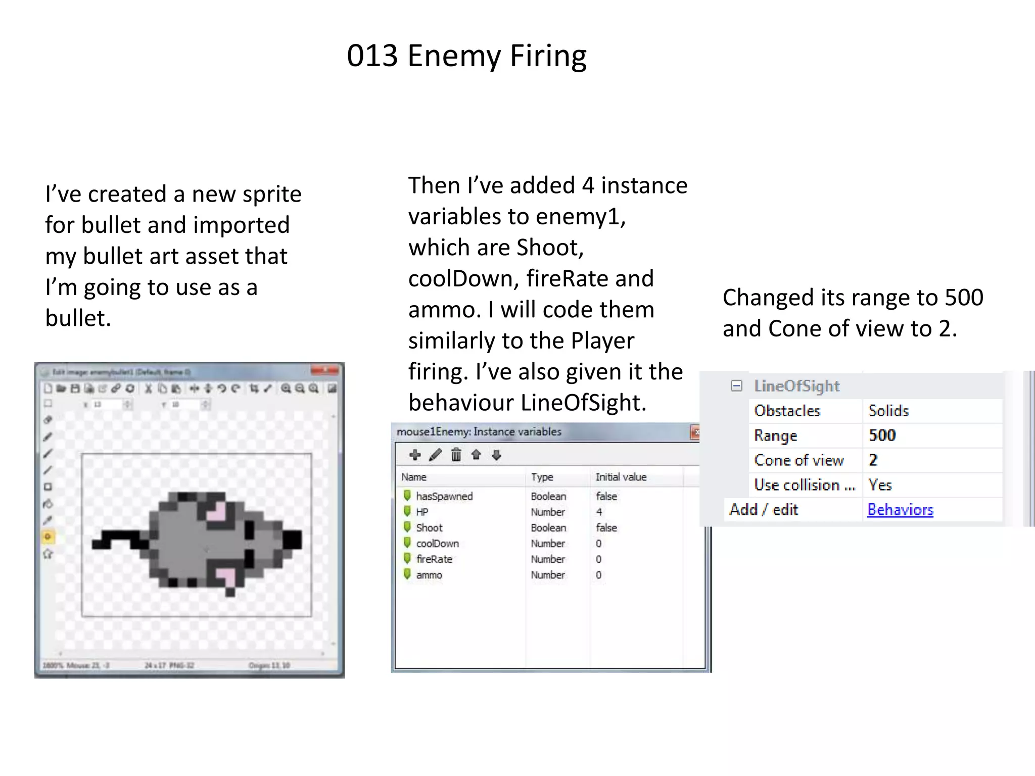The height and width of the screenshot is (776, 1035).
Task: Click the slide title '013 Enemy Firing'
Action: (466, 56)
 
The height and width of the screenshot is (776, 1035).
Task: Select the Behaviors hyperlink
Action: (900, 510)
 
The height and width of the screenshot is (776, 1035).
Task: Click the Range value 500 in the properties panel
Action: (882, 435)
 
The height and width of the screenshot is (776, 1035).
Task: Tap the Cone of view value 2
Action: (873, 460)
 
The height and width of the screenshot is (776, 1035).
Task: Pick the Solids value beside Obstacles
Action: (888, 411)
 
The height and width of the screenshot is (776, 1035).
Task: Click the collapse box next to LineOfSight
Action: (736, 386)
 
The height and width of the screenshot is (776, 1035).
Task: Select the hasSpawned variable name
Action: (444, 496)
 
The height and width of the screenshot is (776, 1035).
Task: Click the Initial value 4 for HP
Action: (599, 512)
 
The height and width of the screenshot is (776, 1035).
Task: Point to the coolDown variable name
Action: (437, 544)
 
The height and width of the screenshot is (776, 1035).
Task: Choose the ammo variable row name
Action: (429, 575)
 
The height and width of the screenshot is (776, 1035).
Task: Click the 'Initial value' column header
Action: (621, 477)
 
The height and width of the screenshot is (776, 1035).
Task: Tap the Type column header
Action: (542, 477)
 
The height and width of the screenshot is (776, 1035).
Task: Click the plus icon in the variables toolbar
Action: (415, 455)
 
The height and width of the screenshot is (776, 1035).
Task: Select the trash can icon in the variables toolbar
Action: (456, 455)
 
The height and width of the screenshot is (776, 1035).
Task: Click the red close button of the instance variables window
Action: (696, 432)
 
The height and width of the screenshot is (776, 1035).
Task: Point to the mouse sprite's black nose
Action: (292, 539)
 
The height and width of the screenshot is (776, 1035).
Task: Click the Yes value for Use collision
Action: (880, 485)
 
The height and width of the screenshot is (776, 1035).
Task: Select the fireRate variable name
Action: (434, 559)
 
